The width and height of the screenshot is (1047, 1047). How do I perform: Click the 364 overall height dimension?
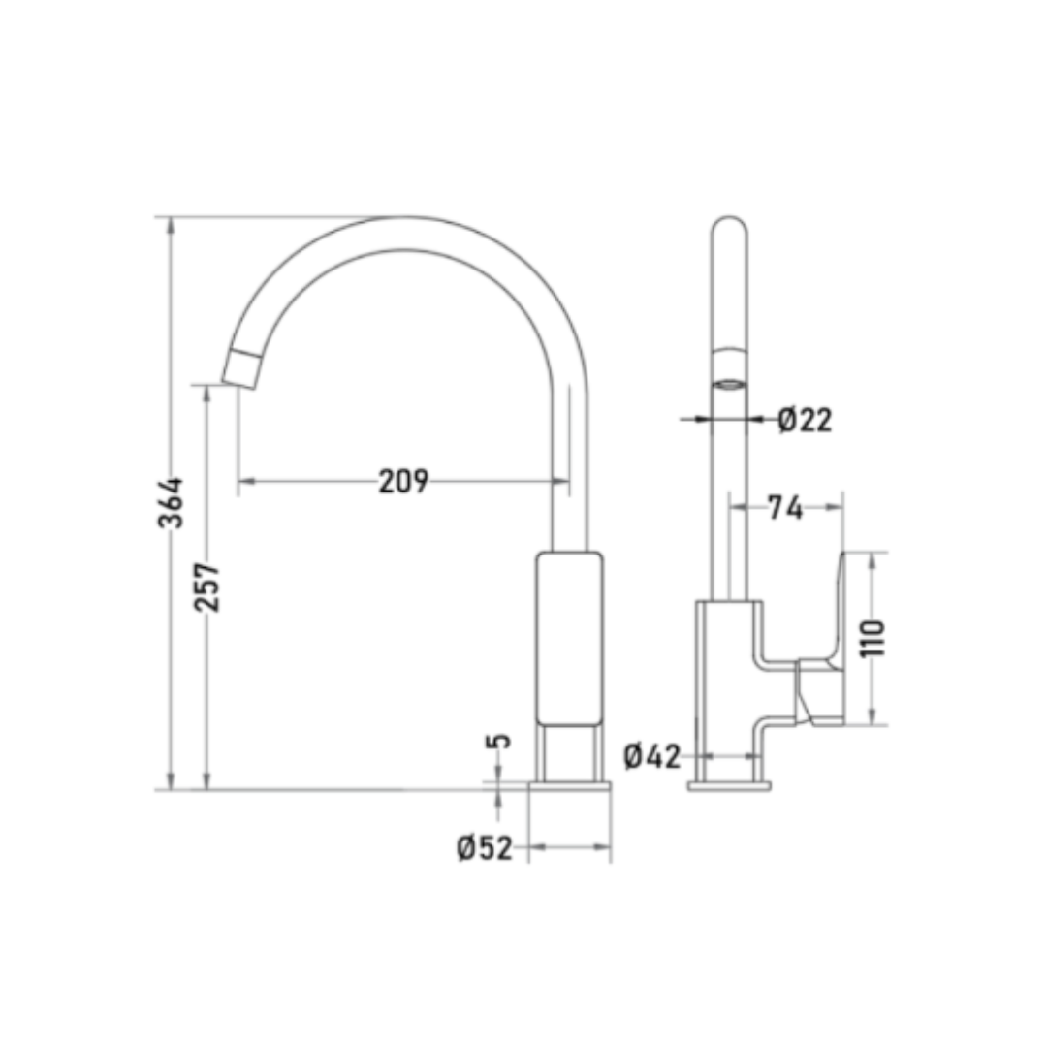171,502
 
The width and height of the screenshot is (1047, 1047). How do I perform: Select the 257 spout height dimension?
207,587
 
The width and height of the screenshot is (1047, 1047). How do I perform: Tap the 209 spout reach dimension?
404,481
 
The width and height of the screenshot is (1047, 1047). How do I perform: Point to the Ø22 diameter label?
806,420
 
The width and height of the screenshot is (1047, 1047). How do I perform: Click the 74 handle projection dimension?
785,507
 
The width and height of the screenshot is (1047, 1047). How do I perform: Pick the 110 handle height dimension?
872,638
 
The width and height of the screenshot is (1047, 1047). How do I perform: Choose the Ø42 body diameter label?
652,756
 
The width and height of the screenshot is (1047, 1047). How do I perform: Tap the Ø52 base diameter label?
486,848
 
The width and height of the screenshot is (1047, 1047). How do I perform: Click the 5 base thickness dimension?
499,741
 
